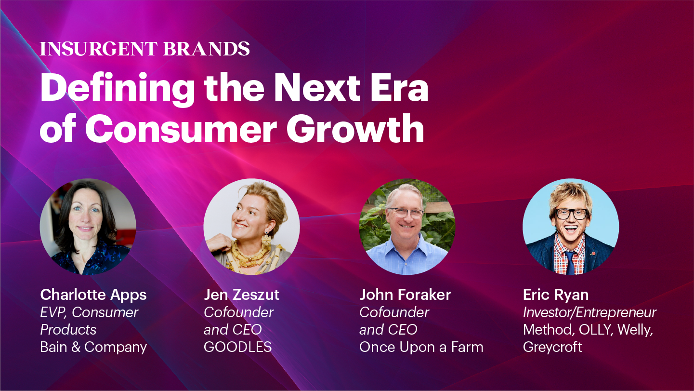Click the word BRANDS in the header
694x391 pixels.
[x=207, y=49]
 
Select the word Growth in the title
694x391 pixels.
[x=355, y=128]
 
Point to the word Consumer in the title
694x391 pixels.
[x=181, y=128]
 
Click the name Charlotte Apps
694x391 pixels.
[x=93, y=295]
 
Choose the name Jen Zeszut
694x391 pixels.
[x=242, y=295]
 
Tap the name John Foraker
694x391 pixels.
[x=405, y=295]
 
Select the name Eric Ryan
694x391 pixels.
[x=556, y=295]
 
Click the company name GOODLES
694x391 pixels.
[x=237, y=347]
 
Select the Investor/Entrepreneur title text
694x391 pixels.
[x=589, y=312]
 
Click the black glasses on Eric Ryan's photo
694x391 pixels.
[x=571, y=214]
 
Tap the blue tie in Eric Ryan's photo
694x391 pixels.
[x=570, y=262]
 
